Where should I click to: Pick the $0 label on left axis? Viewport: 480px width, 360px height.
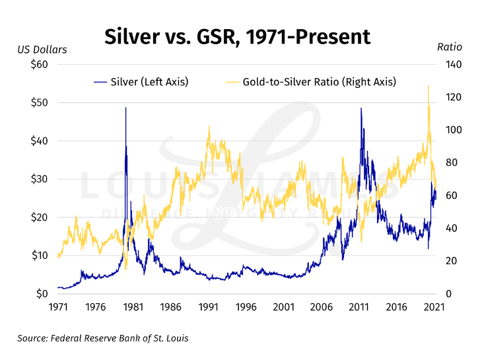click(40, 293)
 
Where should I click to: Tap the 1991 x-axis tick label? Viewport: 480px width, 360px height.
click(209, 307)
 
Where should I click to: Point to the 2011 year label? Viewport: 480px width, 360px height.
click(359, 307)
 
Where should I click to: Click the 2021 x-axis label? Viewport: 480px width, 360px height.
click(434, 307)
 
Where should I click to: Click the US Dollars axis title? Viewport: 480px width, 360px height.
click(42, 50)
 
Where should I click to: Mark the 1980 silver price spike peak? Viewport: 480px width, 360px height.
click(125, 108)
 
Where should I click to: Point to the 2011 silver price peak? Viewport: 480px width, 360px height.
click(360, 108)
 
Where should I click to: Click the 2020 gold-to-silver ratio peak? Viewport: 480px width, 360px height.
click(428, 85)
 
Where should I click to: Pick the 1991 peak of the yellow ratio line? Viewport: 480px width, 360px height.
click(209, 127)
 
